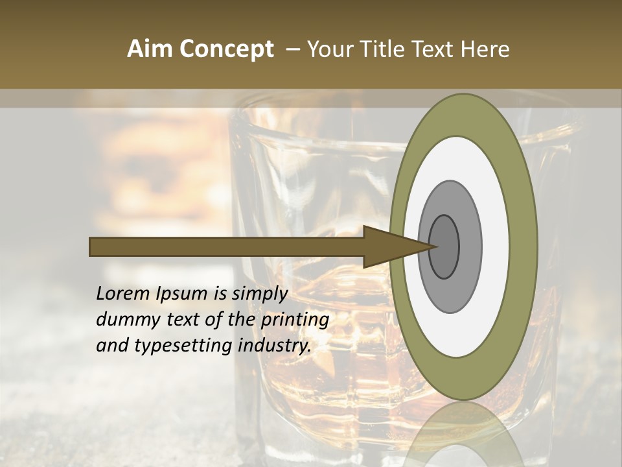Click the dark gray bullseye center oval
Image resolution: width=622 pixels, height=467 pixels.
point(444,246)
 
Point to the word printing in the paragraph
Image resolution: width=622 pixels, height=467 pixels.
point(295,320)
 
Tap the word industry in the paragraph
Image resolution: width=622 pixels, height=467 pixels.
point(272,346)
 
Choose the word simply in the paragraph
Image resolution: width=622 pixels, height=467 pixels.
point(259,294)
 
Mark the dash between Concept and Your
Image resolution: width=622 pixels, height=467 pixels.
point(293,49)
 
